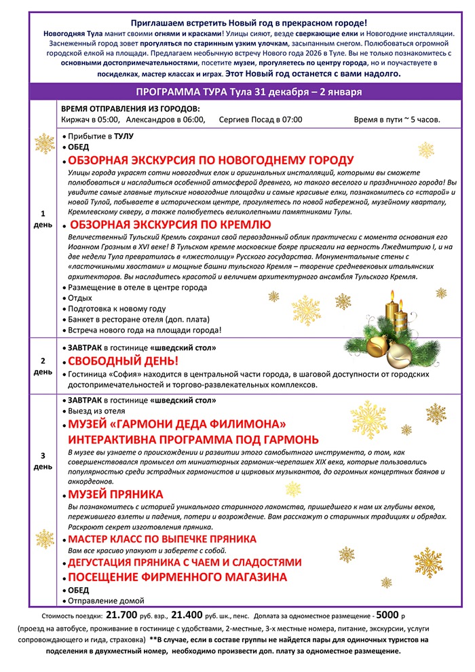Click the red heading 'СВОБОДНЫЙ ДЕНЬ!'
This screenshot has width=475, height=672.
[123, 360]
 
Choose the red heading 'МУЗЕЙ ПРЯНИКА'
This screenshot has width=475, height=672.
[115, 494]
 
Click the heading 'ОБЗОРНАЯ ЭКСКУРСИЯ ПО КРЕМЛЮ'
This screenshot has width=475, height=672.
[170, 225]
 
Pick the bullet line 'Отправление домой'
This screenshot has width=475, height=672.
[100, 601]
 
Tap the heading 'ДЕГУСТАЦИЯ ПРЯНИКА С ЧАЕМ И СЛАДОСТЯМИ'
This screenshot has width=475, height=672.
[185, 563]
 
